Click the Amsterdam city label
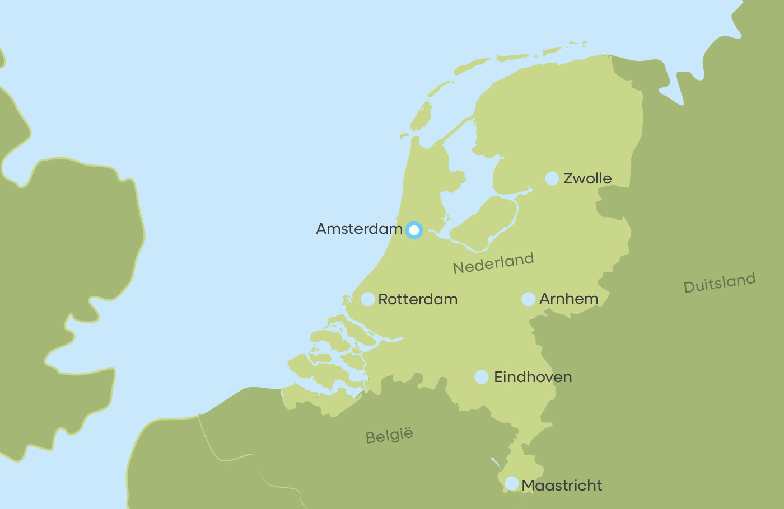[359, 229]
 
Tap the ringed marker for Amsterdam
[414, 230]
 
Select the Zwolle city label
[587, 178]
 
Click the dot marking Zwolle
[552, 178]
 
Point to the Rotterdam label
[418, 299]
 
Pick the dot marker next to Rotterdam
[368, 299]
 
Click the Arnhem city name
[568, 299]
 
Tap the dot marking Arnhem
[529, 299]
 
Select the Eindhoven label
[533, 377]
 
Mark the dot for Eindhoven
[482, 377]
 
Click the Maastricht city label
[562, 486]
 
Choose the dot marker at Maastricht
[512, 483]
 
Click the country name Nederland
[493, 263]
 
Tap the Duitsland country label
[720, 283]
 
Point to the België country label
[389, 436]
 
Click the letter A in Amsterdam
[322, 229]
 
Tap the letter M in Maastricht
[529, 486]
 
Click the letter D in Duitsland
[689, 288]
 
